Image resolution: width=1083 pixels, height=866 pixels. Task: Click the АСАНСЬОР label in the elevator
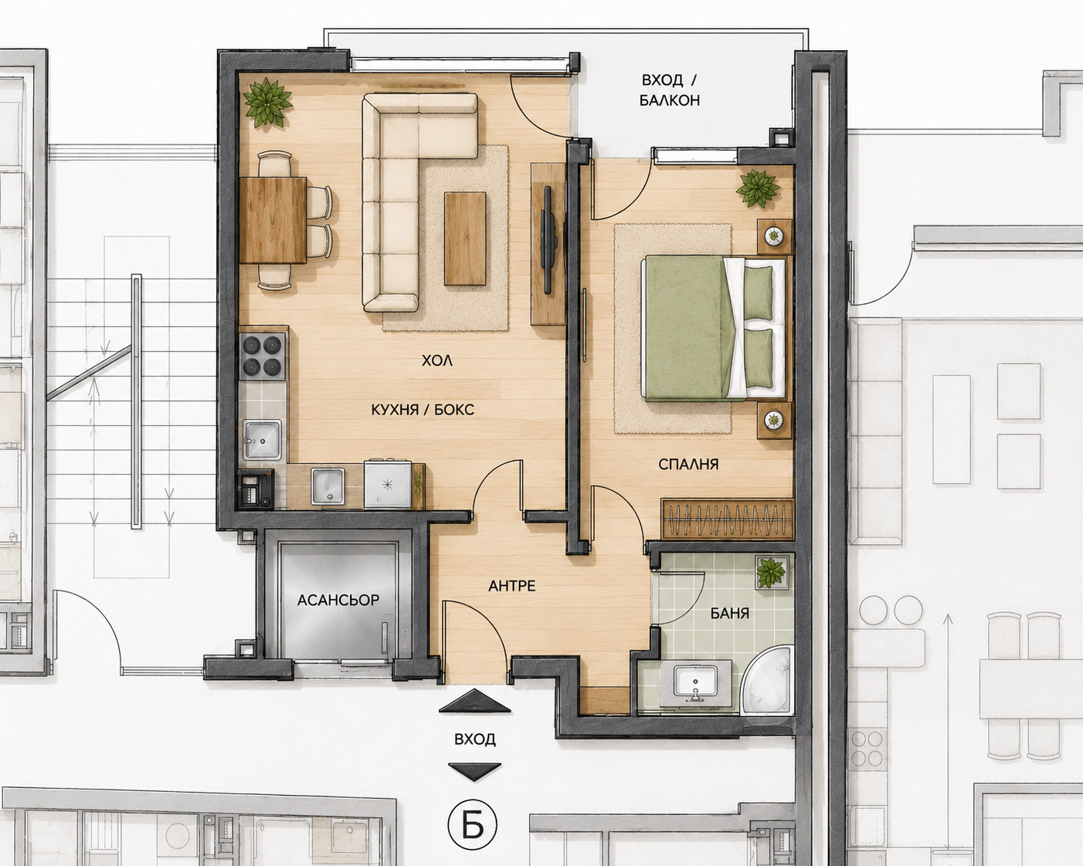pyautogui.click(x=338, y=600)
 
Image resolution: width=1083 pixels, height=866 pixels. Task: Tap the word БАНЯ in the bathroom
pyautogui.click(x=730, y=613)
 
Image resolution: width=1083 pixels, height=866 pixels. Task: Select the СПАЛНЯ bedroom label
pyautogui.click(x=688, y=464)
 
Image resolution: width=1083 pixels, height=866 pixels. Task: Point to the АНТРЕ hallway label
pyautogui.click(x=512, y=586)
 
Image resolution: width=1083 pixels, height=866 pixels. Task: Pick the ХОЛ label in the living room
pyautogui.click(x=436, y=360)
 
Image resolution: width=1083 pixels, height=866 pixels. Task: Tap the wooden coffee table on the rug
pyautogui.click(x=465, y=238)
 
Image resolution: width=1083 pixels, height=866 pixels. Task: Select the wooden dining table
pyautogui.click(x=273, y=220)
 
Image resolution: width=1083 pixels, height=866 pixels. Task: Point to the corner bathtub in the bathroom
pyautogui.click(x=769, y=679)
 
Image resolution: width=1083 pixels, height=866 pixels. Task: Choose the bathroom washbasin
pyautogui.click(x=697, y=684)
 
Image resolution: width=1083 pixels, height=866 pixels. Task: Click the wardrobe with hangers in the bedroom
pyautogui.click(x=727, y=519)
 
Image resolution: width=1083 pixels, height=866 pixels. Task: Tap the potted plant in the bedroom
pyautogui.click(x=759, y=188)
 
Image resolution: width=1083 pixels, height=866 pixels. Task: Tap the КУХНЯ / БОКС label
pyautogui.click(x=423, y=410)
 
